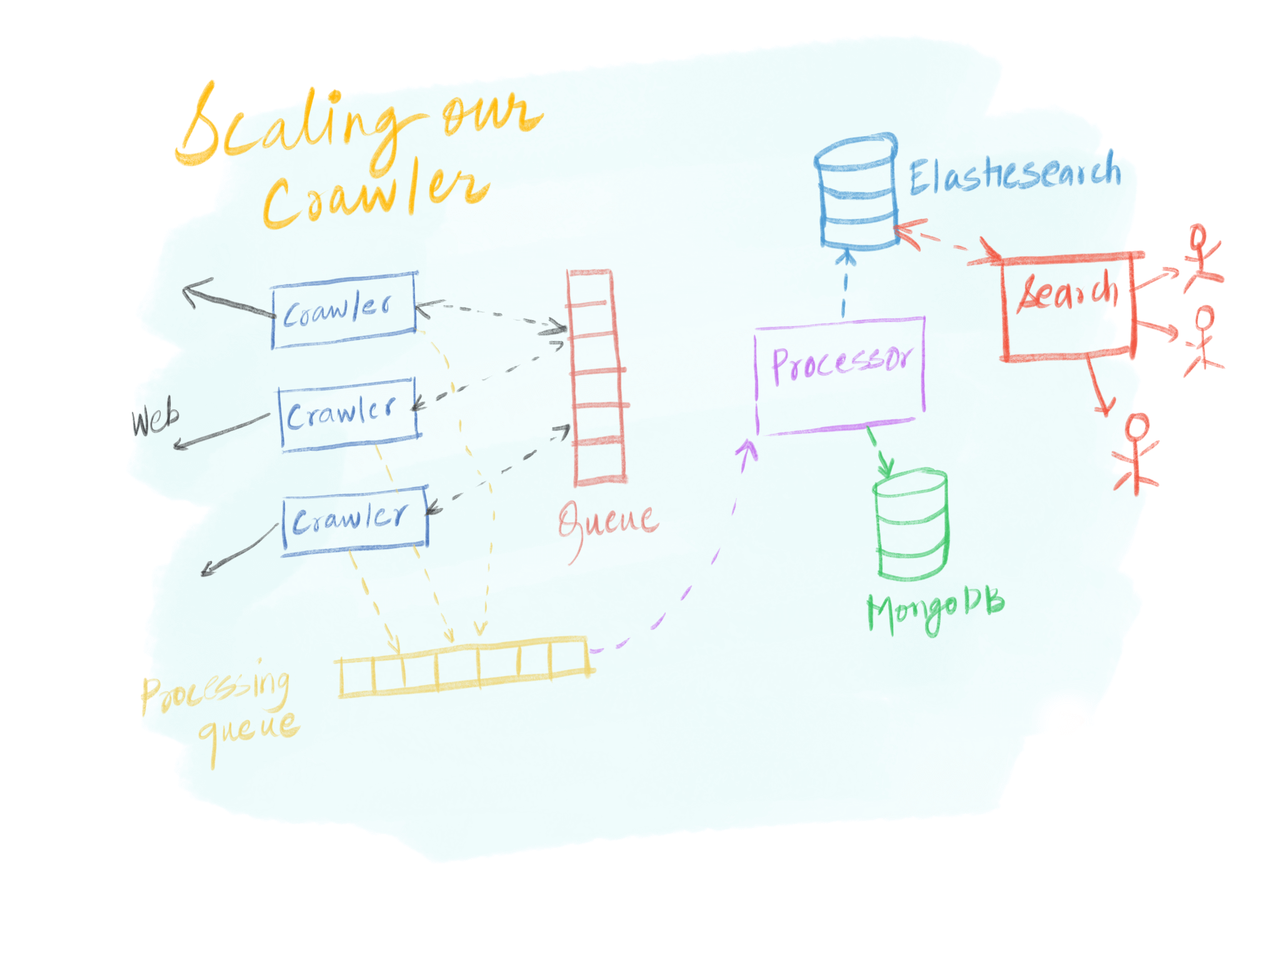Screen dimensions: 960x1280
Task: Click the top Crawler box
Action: [x=344, y=309]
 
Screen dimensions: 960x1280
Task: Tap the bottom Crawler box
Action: [x=354, y=519]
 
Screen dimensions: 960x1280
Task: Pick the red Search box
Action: [x=1067, y=306]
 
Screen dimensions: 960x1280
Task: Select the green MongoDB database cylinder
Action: [x=911, y=525]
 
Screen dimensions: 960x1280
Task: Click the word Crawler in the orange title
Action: [x=375, y=194]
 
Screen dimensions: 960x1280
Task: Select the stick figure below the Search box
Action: [x=1136, y=453]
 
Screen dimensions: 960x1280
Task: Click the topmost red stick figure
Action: [x=1201, y=256]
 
